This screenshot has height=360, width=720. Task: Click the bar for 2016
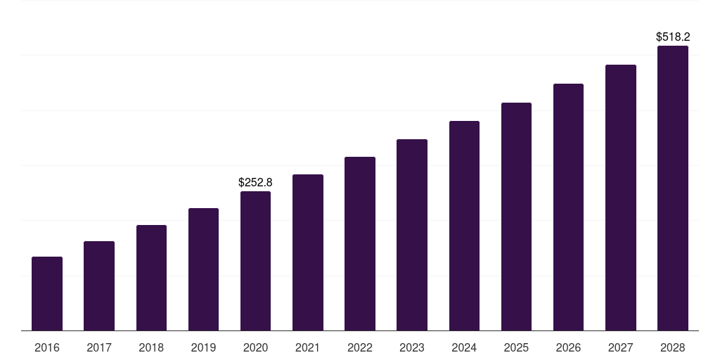pyautogui.click(x=47, y=294)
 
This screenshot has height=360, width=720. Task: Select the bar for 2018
pyautogui.click(x=152, y=278)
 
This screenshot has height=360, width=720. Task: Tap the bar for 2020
pyautogui.click(x=255, y=261)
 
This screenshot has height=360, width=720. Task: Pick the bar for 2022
pyautogui.click(x=360, y=244)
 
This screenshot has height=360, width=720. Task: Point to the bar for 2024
pyautogui.click(x=464, y=226)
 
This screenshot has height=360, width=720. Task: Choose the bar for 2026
pyautogui.click(x=568, y=207)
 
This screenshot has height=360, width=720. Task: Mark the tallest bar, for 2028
pyautogui.click(x=673, y=188)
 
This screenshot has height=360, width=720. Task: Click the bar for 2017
pyautogui.click(x=99, y=286)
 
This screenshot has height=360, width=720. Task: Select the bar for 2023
pyautogui.click(x=412, y=235)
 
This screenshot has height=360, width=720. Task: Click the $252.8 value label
pyautogui.click(x=255, y=182)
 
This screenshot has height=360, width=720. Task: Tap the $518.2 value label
pyautogui.click(x=673, y=37)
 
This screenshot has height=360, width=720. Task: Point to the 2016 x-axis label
pyautogui.click(x=47, y=347)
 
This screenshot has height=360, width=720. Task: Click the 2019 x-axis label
pyautogui.click(x=203, y=347)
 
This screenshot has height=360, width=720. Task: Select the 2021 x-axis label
pyautogui.click(x=308, y=347)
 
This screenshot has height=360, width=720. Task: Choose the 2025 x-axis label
pyautogui.click(x=516, y=347)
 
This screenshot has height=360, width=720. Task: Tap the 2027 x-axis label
pyautogui.click(x=621, y=347)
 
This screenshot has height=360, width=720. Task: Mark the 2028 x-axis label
pyautogui.click(x=673, y=347)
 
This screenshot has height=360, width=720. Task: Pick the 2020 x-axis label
pyautogui.click(x=255, y=347)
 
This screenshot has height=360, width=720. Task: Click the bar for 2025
pyautogui.click(x=516, y=217)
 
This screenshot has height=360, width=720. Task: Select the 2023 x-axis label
pyautogui.click(x=412, y=347)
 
